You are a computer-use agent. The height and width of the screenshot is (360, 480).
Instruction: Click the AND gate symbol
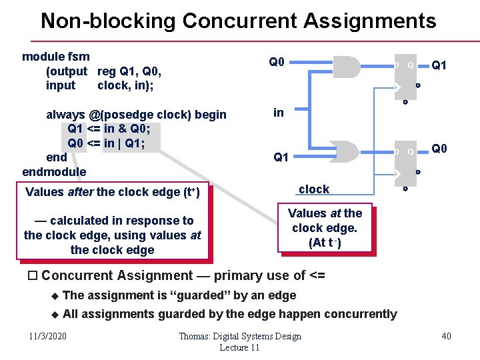coord(345,68)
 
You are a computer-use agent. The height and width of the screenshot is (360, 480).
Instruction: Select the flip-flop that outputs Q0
coord(407,163)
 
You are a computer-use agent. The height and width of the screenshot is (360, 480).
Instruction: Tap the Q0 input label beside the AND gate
coord(277,62)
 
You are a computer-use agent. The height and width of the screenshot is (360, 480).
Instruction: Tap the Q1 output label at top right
coord(439,65)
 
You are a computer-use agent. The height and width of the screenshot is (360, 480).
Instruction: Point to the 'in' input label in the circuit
coord(279,113)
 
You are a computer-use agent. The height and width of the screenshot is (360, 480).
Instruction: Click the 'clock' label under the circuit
coord(314,189)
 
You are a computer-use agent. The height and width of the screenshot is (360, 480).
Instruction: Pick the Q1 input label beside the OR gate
coord(281,157)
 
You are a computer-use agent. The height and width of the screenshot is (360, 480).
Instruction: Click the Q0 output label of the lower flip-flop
coord(439,149)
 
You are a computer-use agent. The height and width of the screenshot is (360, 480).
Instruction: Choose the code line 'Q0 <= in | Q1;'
coord(106,143)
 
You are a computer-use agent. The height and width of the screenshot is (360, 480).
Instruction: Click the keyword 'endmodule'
coord(54,172)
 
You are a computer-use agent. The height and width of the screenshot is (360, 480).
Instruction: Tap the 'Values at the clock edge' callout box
coord(325,228)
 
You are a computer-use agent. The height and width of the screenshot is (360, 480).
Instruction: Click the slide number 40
coord(446,336)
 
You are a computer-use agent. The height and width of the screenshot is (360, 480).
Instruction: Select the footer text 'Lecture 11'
coord(239,348)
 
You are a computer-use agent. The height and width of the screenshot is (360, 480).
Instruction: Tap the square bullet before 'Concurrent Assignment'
coord(33,276)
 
